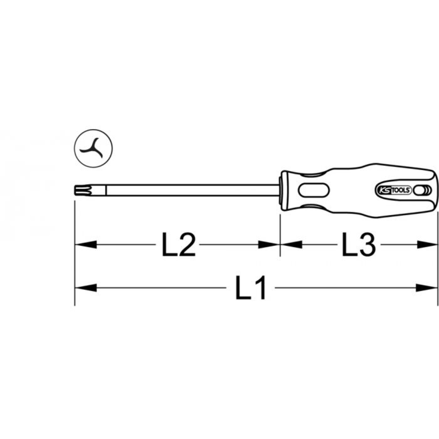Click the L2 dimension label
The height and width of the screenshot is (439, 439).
tap(178, 245)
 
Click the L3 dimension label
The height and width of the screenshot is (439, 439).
tap(359, 245)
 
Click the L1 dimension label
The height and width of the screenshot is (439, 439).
tap(250, 288)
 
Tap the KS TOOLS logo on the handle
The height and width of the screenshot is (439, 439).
tap(393, 190)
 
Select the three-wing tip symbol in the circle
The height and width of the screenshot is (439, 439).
tap(92, 148)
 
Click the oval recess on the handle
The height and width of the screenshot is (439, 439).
tap(314, 191)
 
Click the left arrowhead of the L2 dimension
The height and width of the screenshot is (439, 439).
tap(86, 245)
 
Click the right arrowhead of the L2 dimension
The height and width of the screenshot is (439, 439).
tap(269, 245)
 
